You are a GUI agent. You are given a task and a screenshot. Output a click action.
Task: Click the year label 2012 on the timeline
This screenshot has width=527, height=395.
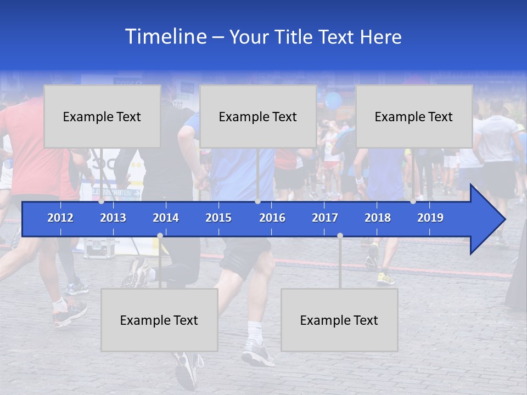click(60, 218)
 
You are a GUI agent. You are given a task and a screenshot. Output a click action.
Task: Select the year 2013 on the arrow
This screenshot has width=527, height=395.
click(113, 218)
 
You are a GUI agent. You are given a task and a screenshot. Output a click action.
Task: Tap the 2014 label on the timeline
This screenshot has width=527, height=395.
click(166, 218)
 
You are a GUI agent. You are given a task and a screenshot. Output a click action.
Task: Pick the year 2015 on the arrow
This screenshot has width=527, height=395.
click(218, 218)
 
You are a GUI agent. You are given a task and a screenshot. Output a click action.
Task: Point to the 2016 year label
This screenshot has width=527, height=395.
click(272, 218)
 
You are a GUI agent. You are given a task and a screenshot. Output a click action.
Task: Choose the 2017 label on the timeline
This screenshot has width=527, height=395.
click(325, 218)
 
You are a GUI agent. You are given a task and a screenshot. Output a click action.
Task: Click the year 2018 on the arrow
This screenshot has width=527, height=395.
click(378, 218)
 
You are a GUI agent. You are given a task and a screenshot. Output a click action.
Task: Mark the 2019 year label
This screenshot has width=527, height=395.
click(430, 218)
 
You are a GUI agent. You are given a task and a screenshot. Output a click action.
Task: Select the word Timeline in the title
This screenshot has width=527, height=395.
click(165, 37)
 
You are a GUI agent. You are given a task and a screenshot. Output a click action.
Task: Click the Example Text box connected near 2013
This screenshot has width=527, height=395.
click(102, 116)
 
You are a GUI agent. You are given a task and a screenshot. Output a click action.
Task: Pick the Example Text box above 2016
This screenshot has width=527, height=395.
click(258, 116)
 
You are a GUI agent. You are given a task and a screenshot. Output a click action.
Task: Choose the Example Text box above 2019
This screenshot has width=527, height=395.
click(414, 116)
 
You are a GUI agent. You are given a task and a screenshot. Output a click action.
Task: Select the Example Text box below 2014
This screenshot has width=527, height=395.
click(159, 320)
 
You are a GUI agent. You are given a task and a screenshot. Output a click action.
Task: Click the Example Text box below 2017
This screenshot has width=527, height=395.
click(339, 320)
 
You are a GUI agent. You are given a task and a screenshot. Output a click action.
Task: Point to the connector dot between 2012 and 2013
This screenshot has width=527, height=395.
click(102, 201)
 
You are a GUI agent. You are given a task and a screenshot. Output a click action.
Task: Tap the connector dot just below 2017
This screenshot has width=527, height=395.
click(340, 235)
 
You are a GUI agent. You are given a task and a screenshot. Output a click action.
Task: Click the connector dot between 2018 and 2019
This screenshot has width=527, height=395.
click(413, 201)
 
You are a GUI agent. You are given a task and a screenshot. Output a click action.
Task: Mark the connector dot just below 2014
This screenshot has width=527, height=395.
click(160, 235)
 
